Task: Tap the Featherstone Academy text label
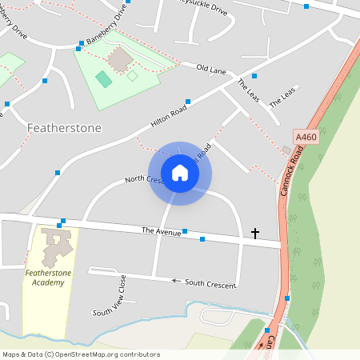pyautogui.click(x=50, y=277)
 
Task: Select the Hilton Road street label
pyautogui.click(x=169, y=116)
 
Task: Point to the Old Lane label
pyautogui.click(x=211, y=70)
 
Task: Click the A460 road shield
pyautogui.click(x=306, y=138)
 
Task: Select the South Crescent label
pyautogui.click(x=210, y=284)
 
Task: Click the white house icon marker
pyautogui.click(x=180, y=173)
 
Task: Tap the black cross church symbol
pyautogui.click(x=255, y=234)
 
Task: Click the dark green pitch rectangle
pyautogui.click(x=103, y=78)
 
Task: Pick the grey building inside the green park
pyautogui.click(x=121, y=59)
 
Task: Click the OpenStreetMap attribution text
pyautogui.click(x=81, y=354)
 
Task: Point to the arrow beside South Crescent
pyautogui.click(x=174, y=281)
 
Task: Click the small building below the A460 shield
pyautogui.click(x=287, y=150)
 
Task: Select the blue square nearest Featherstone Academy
pyautogui.click(x=60, y=225)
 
